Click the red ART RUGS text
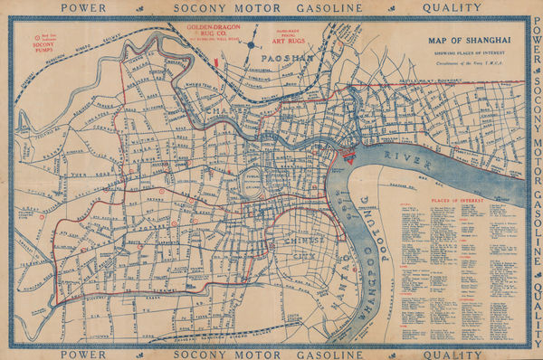point(277,40)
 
